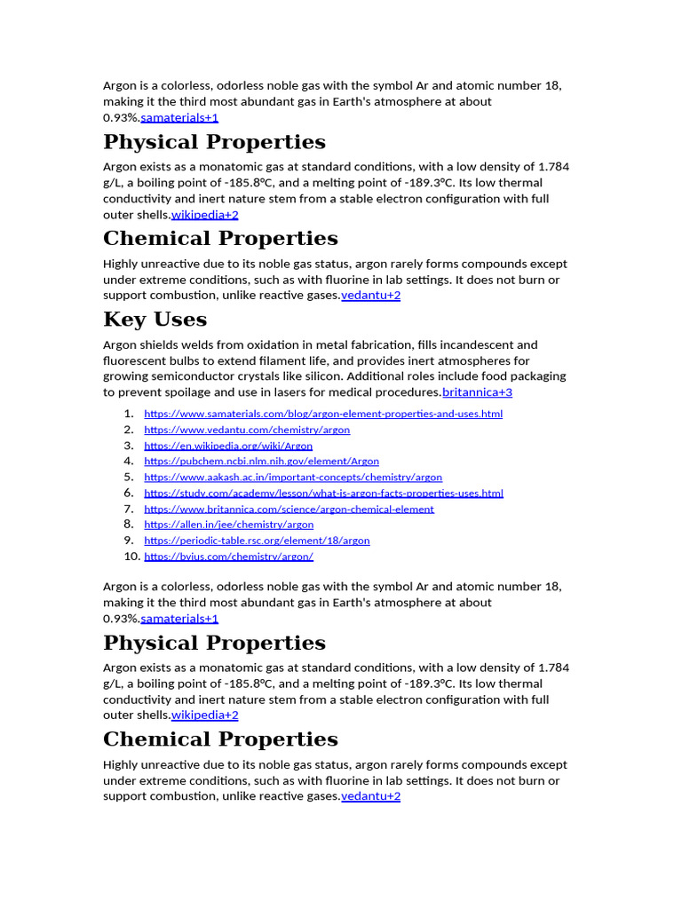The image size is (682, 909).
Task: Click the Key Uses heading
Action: [x=155, y=320]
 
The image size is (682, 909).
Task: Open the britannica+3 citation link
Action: [x=477, y=392]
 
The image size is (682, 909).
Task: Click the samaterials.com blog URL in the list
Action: [x=323, y=414]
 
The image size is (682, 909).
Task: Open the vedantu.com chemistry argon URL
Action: [x=247, y=430]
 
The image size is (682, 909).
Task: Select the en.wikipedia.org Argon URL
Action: [x=228, y=446]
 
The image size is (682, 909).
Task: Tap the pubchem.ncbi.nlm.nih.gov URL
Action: [x=261, y=462]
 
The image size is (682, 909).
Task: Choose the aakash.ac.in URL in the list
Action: [x=293, y=478]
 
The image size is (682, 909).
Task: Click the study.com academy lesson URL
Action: [x=323, y=494]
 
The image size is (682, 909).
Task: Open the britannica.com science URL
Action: [x=289, y=510]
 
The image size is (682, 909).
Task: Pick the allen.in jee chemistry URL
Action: [x=228, y=525]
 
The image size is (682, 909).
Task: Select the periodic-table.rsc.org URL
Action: [x=257, y=541]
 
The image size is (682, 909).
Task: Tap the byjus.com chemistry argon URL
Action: [x=228, y=557]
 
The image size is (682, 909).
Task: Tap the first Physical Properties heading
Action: [x=214, y=142]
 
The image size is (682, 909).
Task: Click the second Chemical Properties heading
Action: [x=220, y=739]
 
